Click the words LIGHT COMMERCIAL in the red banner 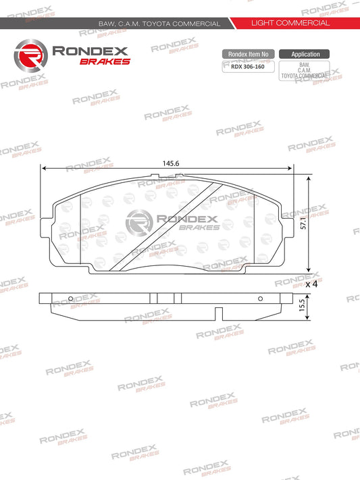290,23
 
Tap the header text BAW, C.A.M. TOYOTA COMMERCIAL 159,24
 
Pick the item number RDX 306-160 248,67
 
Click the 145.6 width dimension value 170,163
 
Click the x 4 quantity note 311,284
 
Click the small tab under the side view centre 217,313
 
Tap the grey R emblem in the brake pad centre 140,222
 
